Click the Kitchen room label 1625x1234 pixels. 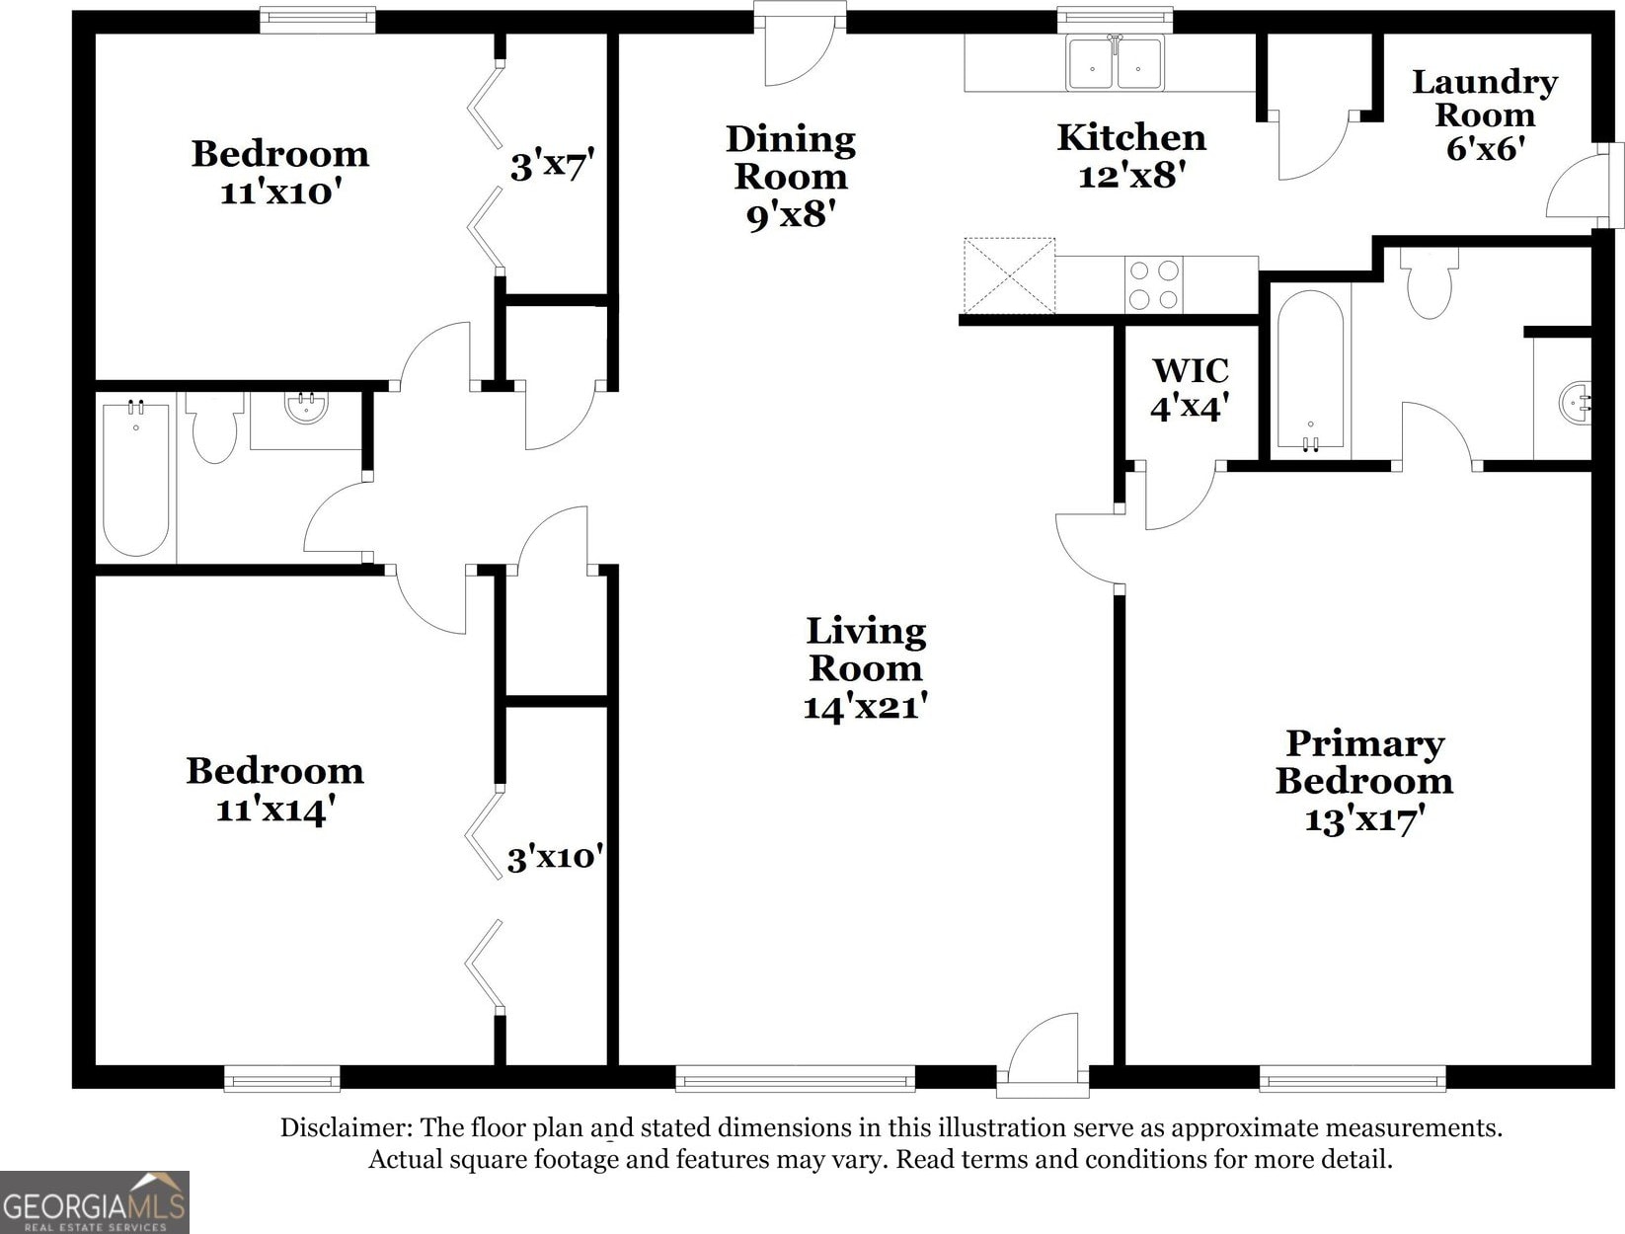coord(1131,138)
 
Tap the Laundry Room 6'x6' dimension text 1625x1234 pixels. coord(1485,149)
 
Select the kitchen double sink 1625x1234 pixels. coord(1115,63)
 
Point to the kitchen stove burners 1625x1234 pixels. coord(1154,285)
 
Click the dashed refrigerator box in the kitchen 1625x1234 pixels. coord(1009,275)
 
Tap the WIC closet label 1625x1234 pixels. coord(1191,370)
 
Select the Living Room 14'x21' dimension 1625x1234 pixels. coord(866,706)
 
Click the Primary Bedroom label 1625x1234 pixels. coord(1364,762)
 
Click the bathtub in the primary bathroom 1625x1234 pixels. coord(1310,370)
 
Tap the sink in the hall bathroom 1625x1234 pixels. coord(306,408)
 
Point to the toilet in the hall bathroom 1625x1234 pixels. coord(214,427)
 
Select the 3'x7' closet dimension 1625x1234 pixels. coord(552,165)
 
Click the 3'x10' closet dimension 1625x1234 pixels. coord(555,858)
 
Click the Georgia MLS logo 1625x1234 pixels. coord(95,1202)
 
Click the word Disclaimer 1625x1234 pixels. coord(347,1127)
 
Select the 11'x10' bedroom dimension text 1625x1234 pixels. coord(280,193)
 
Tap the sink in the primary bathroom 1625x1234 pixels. coord(1575,404)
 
